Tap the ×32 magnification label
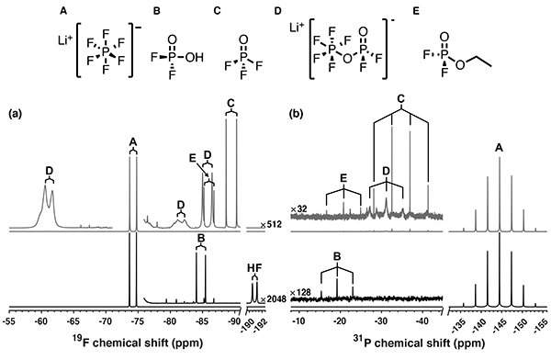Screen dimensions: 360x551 pyautogui.click(x=294, y=210)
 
